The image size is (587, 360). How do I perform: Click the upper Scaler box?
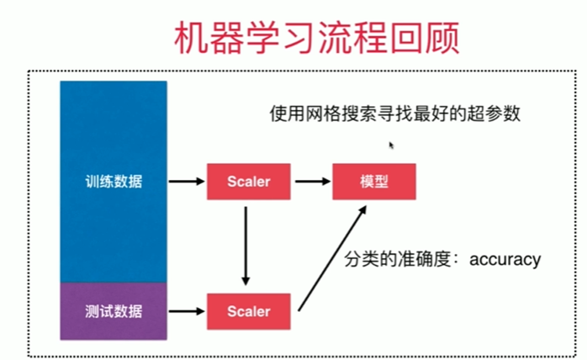248,181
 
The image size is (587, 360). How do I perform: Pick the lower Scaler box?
248,311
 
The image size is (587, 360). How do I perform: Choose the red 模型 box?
374,181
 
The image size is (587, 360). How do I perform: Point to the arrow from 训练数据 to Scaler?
186,181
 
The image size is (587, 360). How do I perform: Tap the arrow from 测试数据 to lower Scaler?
186,311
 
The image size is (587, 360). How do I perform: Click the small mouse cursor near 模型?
391,146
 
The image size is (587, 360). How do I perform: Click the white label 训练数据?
114,181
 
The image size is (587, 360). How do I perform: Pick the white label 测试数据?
114,311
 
